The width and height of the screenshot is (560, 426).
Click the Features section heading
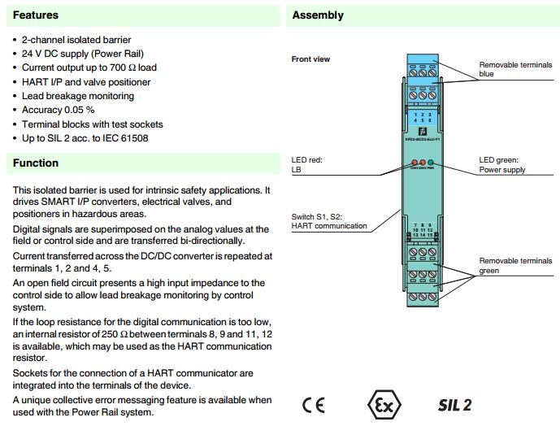tap(35, 15)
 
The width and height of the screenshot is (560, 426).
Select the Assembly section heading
tap(318, 15)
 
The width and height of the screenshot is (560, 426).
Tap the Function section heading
tap(35, 163)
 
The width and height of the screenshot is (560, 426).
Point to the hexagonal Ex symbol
tap(380, 405)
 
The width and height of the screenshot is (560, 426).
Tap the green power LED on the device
tap(431, 163)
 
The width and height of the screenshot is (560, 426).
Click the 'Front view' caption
tap(310, 59)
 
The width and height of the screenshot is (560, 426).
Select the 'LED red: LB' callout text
tap(306, 165)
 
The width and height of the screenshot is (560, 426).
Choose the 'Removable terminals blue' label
tap(514, 69)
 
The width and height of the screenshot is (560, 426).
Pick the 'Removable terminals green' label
tap(514, 266)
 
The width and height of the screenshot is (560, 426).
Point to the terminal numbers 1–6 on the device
tap(421, 119)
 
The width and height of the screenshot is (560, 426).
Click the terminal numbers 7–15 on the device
tap(421, 229)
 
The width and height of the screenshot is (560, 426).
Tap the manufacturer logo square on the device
tap(422, 133)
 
